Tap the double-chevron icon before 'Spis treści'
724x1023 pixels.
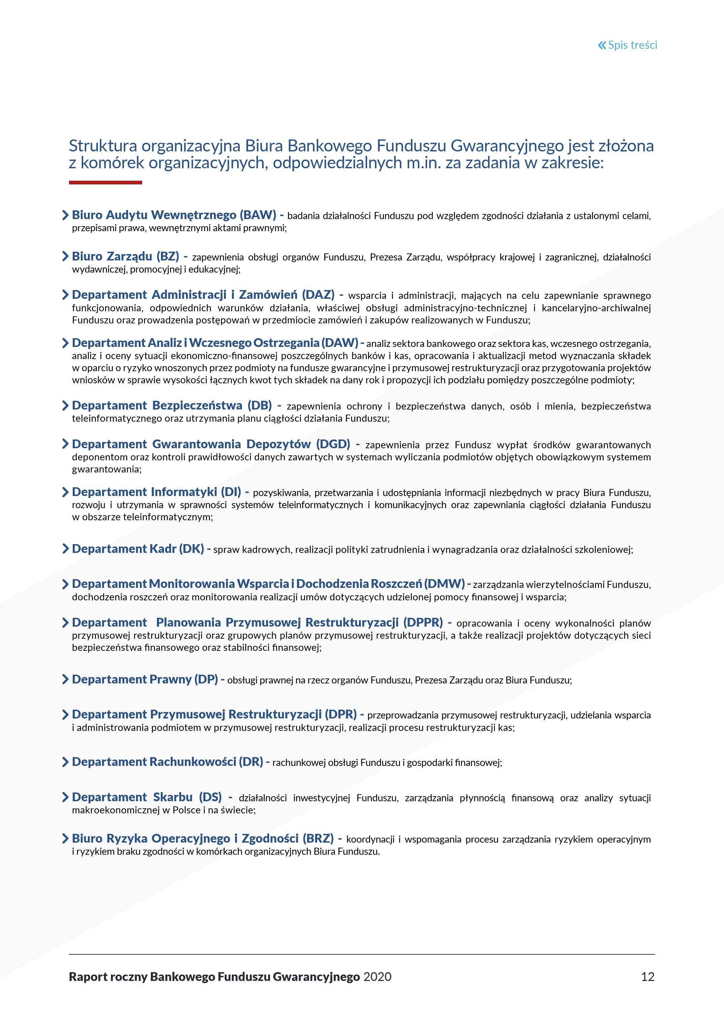602,45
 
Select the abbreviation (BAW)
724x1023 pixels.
258,215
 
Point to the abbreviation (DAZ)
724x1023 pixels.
318,295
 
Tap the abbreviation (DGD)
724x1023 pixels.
333,444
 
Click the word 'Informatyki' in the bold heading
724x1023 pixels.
184,492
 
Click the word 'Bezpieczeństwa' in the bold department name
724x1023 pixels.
197,405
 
